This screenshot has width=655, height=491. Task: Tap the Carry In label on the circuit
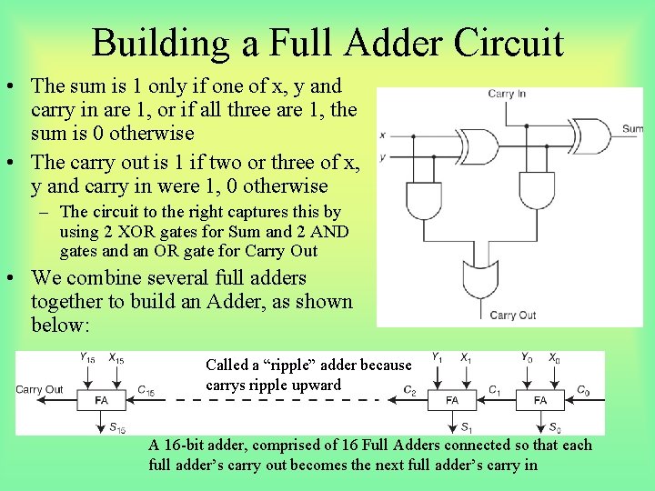pos(507,94)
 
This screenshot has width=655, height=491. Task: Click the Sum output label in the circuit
pos(632,129)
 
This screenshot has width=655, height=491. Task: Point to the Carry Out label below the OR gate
pos(513,316)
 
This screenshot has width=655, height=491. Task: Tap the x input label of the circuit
pos(382,135)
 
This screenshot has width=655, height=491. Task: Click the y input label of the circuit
pos(382,156)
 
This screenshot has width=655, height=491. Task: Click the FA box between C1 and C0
pos(540,400)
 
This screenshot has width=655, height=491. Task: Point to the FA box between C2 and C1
pos(452,400)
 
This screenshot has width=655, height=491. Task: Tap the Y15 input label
pos(87,359)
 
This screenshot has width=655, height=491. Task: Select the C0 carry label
pos(583,391)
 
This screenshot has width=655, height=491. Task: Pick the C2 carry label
pos(411,392)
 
